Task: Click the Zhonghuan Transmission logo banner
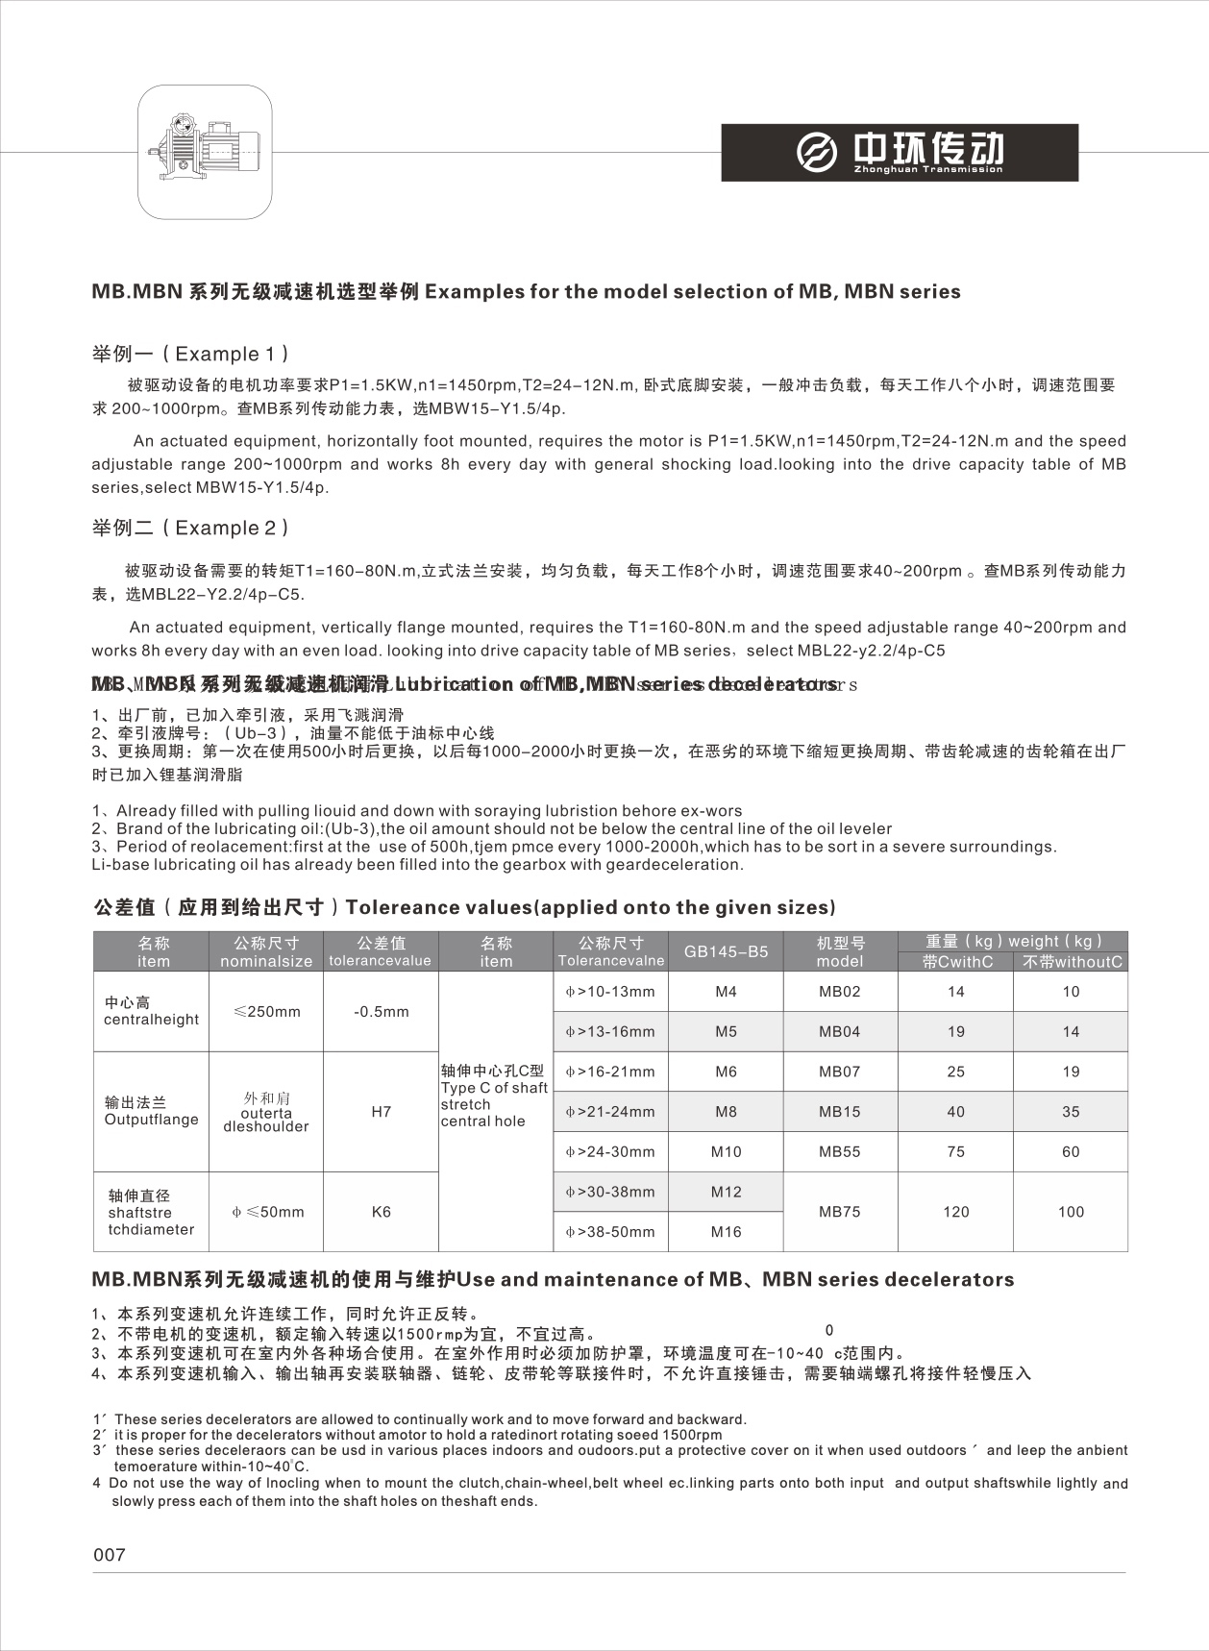pyautogui.click(x=900, y=152)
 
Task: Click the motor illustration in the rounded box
pyautogui.click(x=205, y=151)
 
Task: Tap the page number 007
pyautogui.click(x=110, y=1554)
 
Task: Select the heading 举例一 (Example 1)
pyautogui.click(x=190, y=354)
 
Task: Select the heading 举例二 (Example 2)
pyautogui.click(x=190, y=528)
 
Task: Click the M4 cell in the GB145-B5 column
pyautogui.click(x=726, y=992)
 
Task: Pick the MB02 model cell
pyautogui.click(x=840, y=992)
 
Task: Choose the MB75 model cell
pyautogui.click(x=840, y=1212)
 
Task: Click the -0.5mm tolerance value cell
pyautogui.click(x=381, y=1012)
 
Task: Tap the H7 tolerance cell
pyautogui.click(x=381, y=1112)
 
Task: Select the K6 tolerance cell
pyautogui.click(x=381, y=1212)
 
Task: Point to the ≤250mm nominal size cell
pyautogui.click(x=266, y=1012)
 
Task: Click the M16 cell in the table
pyautogui.click(x=726, y=1232)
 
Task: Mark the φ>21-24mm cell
pyautogui.click(x=610, y=1112)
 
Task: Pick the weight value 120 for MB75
pyautogui.click(x=955, y=1212)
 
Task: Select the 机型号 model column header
pyautogui.click(x=840, y=951)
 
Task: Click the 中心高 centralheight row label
pyautogui.click(x=151, y=1011)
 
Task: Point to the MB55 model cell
pyautogui.click(x=840, y=1152)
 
